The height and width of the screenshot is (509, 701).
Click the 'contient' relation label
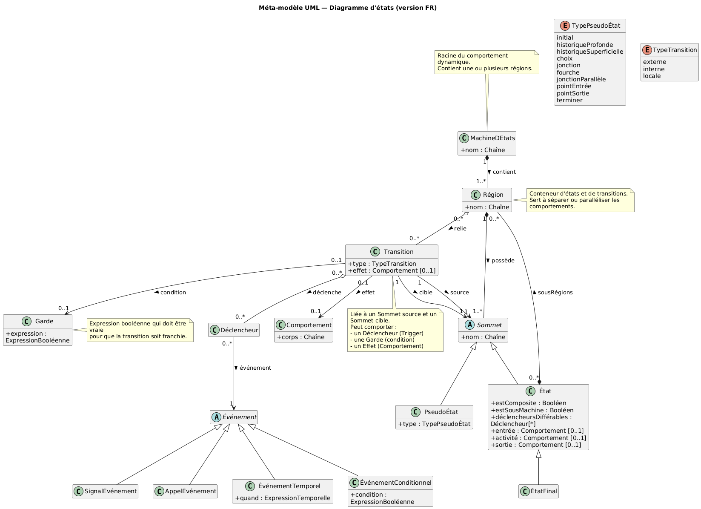click(504, 172)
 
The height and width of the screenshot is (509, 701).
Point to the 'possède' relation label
click(503, 261)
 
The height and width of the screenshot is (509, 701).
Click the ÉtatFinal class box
click(538, 491)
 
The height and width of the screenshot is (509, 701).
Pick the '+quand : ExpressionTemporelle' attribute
click(282, 497)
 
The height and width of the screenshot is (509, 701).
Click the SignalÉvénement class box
click(105, 491)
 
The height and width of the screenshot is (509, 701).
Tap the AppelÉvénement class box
click(185, 491)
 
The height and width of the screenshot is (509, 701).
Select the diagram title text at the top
click(348, 8)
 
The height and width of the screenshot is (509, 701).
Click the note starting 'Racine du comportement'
click(486, 62)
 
